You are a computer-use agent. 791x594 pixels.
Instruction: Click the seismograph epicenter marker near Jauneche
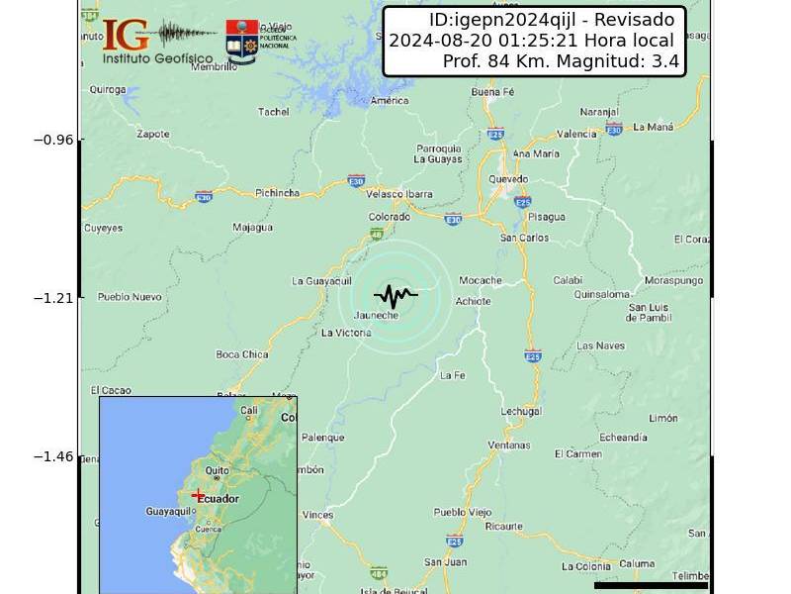(x=395, y=294)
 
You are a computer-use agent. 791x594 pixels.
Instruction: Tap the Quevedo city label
(x=508, y=179)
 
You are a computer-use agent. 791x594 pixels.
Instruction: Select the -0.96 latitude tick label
(x=53, y=140)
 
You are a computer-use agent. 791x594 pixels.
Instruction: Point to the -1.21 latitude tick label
(x=53, y=298)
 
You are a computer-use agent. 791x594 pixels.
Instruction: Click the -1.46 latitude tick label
(x=53, y=456)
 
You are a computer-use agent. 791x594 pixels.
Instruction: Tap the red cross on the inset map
(x=198, y=495)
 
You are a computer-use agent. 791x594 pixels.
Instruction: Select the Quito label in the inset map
(x=218, y=471)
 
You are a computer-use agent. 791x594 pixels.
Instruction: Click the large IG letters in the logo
(x=126, y=35)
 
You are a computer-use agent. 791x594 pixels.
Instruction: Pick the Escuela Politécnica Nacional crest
(x=242, y=41)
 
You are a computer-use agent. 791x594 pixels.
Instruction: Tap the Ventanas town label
(x=509, y=445)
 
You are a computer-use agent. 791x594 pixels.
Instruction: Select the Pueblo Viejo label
(x=463, y=512)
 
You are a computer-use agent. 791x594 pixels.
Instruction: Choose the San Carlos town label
(x=525, y=238)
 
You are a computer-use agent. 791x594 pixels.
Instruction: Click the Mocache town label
(x=481, y=280)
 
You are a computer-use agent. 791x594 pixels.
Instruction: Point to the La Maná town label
(x=653, y=127)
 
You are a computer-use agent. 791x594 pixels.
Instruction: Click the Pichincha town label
(x=277, y=193)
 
